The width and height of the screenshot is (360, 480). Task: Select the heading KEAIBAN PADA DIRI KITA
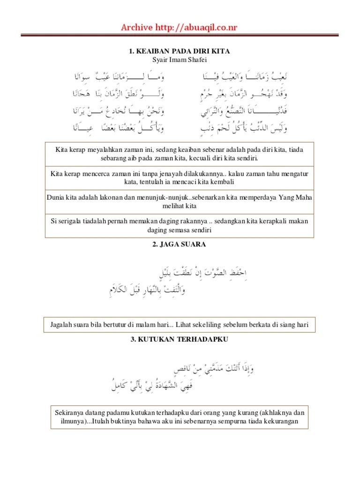tap(183, 51)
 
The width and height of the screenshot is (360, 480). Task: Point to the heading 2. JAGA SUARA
tap(180, 245)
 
